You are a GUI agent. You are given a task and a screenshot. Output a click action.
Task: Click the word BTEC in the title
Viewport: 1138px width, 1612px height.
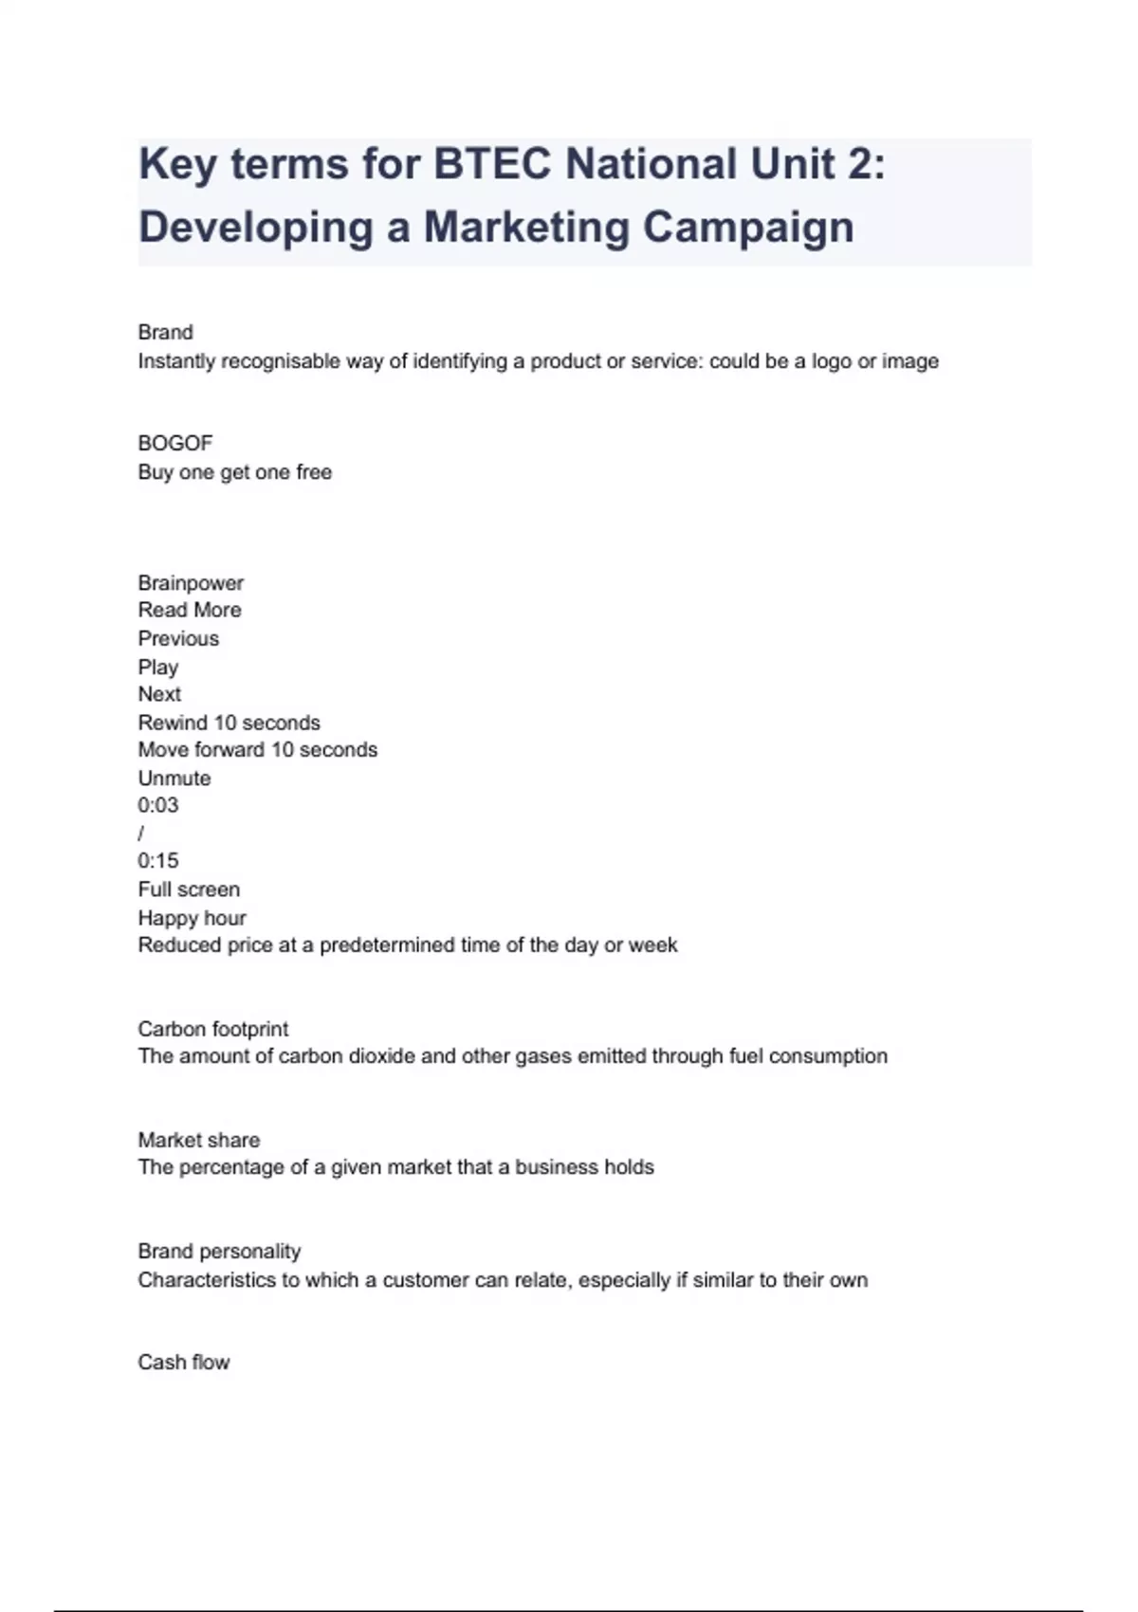coord(491,164)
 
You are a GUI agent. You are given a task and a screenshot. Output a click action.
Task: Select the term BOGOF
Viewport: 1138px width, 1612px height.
coord(175,443)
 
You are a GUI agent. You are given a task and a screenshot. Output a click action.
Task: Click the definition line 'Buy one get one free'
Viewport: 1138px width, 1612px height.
coord(234,472)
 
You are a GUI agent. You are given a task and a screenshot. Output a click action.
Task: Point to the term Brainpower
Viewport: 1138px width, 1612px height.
coord(191,582)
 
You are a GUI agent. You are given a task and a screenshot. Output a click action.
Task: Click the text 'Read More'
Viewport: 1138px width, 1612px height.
coord(190,610)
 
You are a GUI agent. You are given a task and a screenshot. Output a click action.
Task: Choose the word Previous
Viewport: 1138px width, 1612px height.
coord(178,638)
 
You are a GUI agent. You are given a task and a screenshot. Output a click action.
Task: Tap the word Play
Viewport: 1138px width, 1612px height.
coord(157,667)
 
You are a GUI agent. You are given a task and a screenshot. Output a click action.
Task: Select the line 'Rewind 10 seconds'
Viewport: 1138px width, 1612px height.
coord(229,723)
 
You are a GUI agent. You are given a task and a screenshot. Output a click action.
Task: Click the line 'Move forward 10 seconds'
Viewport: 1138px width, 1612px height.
coord(257,749)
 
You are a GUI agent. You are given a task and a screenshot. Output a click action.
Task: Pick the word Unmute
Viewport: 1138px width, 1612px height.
coord(174,778)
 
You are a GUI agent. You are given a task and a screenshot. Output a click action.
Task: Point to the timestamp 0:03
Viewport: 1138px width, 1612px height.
coord(157,805)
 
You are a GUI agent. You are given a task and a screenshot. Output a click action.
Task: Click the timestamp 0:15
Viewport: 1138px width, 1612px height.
coord(157,861)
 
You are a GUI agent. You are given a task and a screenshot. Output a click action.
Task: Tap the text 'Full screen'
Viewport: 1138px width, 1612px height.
coord(189,889)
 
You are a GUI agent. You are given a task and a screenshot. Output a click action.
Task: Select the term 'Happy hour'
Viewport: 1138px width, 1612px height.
coord(192,918)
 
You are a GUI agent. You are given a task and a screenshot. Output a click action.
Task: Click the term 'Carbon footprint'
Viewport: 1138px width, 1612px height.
coord(212,1029)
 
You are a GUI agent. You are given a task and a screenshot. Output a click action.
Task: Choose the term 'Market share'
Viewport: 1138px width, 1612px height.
coord(198,1140)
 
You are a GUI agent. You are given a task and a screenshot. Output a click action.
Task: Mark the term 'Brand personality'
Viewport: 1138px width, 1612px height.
coord(219,1251)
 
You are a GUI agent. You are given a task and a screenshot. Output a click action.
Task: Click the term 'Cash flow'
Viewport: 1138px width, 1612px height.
coord(184,1362)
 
